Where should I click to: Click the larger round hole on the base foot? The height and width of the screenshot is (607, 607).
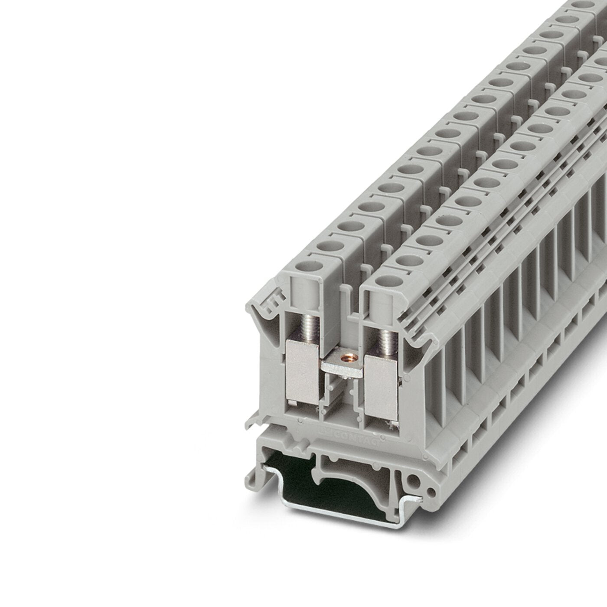415,480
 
